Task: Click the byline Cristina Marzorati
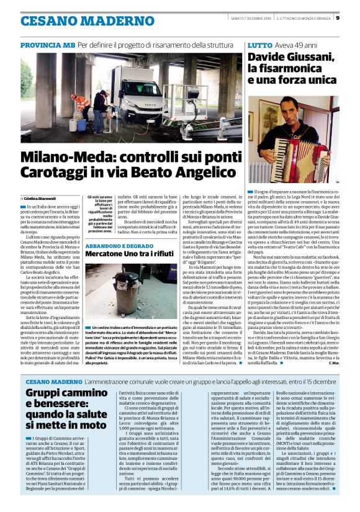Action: [x=41, y=196]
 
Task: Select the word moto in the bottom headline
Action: [x=91, y=425]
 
